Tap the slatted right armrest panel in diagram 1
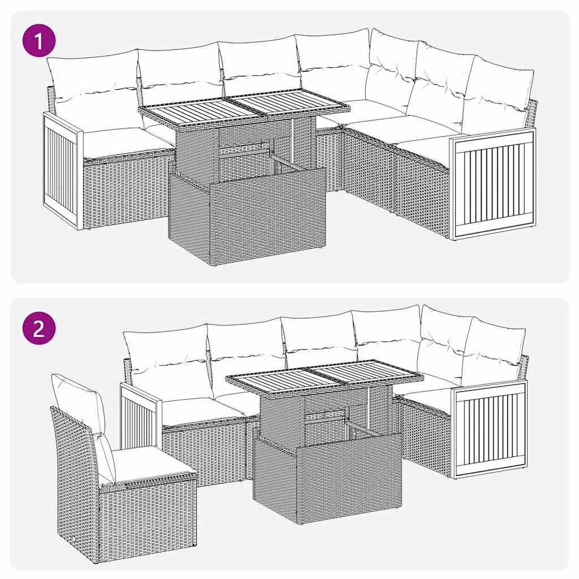tap(493, 182)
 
